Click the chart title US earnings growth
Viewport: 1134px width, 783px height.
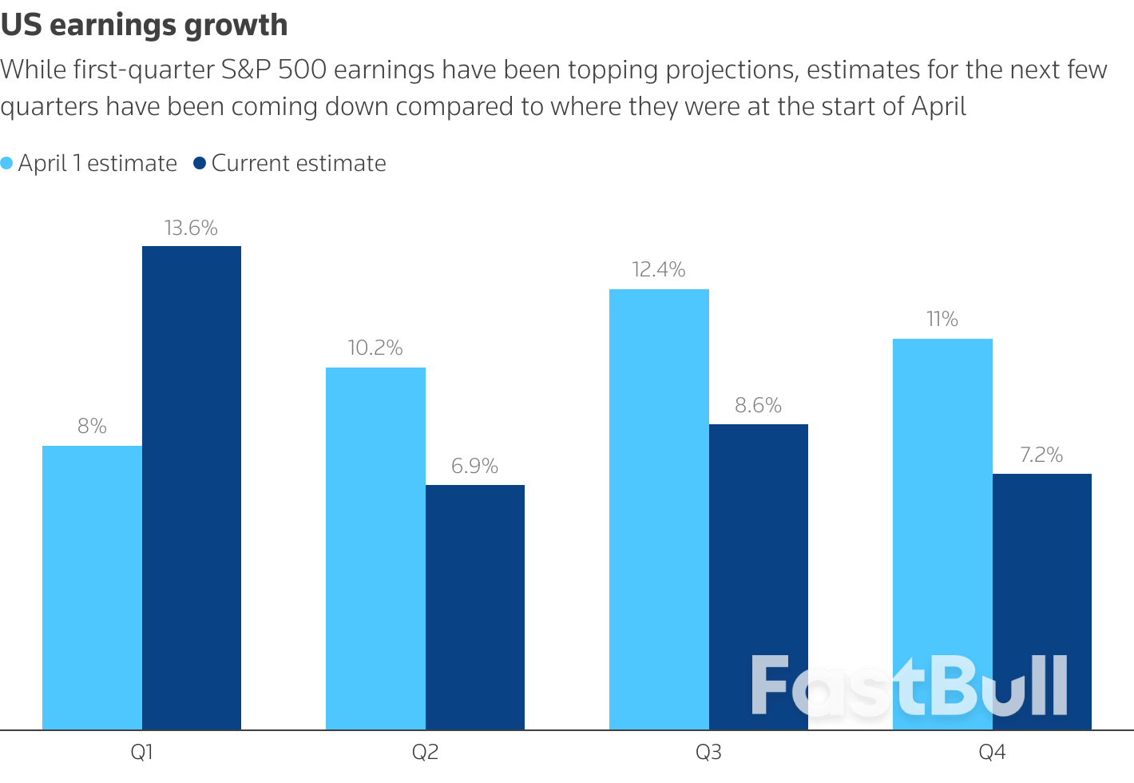[x=145, y=26]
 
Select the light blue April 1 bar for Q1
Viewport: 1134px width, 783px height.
[x=92, y=587]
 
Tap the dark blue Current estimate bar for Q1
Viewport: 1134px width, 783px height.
[x=192, y=487]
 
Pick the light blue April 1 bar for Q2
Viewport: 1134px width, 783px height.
[x=375, y=548]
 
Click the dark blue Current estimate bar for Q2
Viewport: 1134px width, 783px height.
[x=475, y=607]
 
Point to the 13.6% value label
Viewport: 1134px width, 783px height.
[x=191, y=229]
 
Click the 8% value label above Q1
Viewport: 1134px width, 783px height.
[x=92, y=427]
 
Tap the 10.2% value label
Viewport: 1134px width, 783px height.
[x=375, y=348]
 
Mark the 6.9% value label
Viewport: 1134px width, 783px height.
[x=474, y=467]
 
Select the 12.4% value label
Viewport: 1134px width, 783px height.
[x=659, y=270]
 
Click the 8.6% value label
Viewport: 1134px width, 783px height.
[x=758, y=406]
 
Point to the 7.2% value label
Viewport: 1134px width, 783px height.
[x=1041, y=455]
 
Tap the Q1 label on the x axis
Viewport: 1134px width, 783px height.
[x=141, y=753]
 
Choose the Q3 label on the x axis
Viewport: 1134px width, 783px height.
[x=708, y=753]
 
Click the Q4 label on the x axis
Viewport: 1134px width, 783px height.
[x=992, y=753]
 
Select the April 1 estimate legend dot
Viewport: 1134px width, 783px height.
[x=7, y=164]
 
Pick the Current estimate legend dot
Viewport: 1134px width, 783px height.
[x=200, y=164]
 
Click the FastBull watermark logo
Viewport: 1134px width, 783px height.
[x=909, y=686]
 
